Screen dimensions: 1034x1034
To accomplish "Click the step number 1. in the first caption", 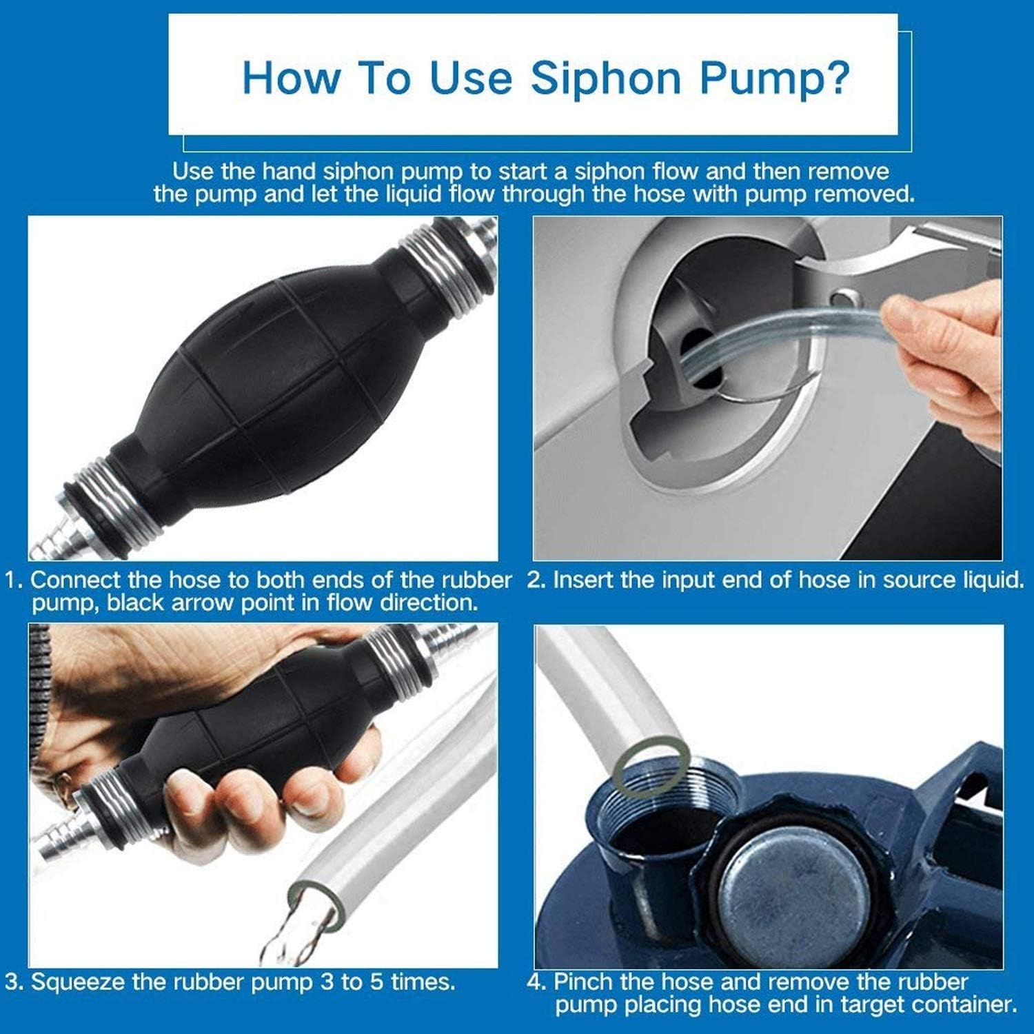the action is tap(14, 580).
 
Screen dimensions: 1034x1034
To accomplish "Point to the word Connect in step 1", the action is tap(74, 580).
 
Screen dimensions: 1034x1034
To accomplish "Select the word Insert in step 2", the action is tap(584, 580).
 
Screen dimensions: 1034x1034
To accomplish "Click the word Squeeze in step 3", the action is tap(77, 982).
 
